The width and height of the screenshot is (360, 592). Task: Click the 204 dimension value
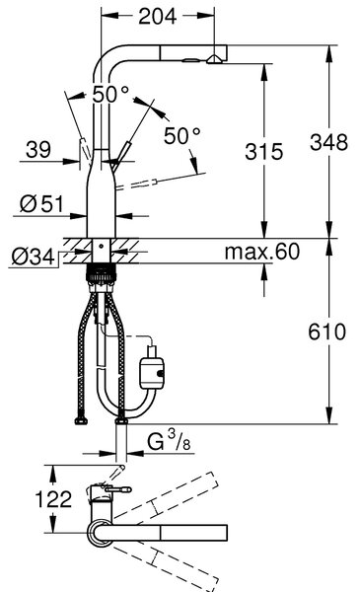point(158,16)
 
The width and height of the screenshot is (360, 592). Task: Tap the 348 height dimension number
point(328,142)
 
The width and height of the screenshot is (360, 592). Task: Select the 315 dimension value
point(263,151)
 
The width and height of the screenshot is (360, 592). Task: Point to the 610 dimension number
point(326,332)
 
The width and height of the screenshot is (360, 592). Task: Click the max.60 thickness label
point(262,251)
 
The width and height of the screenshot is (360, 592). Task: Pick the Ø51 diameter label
point(41,204)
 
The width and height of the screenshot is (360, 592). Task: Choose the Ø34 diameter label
point(34,258)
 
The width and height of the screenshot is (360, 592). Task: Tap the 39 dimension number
point(38,150)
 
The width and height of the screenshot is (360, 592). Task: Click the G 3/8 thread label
point(169,441)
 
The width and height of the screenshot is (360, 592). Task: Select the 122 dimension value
point(53,499)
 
